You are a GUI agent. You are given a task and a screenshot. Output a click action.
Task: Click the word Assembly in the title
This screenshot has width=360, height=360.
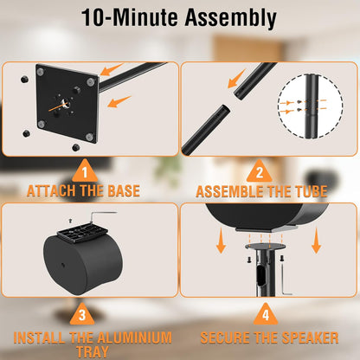click(231, 18)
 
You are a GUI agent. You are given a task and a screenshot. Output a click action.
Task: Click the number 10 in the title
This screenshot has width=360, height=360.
click(93, 17)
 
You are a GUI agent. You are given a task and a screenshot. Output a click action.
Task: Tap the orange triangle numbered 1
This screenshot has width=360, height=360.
click(85, 172)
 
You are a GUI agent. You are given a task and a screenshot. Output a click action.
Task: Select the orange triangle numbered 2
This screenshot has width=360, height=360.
click(260, 172)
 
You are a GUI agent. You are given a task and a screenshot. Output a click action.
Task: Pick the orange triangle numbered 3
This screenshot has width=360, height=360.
click(82, 315)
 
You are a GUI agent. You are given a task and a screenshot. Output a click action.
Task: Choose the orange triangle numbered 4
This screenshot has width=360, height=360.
click(266, 315)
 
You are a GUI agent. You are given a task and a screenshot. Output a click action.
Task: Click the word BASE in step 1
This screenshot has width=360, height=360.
click(124, 191)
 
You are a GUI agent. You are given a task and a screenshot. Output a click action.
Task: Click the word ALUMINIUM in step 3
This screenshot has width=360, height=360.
click(134, 337)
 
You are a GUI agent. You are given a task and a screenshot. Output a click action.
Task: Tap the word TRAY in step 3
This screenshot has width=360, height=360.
click(93, 352)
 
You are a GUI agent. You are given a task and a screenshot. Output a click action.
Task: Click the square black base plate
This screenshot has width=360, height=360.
click(67, 104)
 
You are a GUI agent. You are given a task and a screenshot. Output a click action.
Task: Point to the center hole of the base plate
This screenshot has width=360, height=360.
click(66, 103)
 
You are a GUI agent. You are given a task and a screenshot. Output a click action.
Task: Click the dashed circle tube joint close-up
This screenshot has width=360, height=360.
click(311, 106)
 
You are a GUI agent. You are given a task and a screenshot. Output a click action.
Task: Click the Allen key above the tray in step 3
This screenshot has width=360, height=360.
click(101, 216)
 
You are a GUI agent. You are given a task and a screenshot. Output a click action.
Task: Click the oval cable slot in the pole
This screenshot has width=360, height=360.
click(260, 277)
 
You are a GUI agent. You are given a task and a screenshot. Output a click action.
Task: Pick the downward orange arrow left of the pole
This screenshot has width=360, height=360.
click(221, 241)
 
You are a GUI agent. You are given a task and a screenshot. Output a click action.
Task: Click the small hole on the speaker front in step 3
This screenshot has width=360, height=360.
click(63, 265)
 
